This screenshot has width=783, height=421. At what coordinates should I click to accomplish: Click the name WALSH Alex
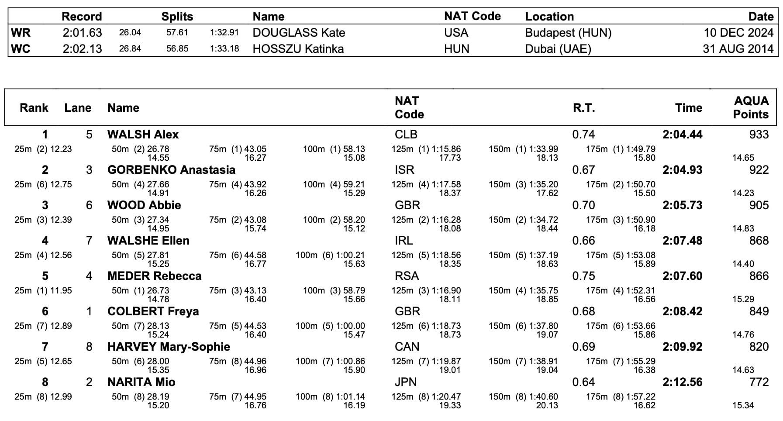(143, 135)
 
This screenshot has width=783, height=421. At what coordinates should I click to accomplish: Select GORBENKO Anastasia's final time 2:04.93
(682, 170)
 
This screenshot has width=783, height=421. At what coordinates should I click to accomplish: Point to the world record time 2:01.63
(82, 33)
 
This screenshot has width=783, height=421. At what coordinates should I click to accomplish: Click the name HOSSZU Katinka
(298, 48)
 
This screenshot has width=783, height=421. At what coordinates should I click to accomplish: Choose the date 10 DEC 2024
(738, 33)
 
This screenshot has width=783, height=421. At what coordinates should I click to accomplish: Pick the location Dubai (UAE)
(558, 48)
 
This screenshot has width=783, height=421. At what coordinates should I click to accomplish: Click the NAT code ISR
(404, 170)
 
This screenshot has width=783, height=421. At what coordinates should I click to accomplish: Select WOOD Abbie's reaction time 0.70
(583, 205)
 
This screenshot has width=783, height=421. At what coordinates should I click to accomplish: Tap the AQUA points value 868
(759, 241)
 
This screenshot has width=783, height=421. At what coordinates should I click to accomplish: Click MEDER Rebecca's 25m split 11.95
(61, 290)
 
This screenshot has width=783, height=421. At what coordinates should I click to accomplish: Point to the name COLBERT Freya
(153, 311)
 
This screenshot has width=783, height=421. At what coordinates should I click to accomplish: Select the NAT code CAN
(407, 347)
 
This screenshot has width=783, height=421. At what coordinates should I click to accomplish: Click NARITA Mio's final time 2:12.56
(682, 382)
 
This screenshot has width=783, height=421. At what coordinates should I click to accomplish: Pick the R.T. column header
(583, 108)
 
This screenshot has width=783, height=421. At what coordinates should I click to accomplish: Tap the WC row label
(21, 48)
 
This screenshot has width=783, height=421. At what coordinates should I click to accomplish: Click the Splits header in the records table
(177, 17)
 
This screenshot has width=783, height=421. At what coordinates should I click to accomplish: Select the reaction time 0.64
(583, 382)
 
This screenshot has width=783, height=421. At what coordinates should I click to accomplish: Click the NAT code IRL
(404, 241)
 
